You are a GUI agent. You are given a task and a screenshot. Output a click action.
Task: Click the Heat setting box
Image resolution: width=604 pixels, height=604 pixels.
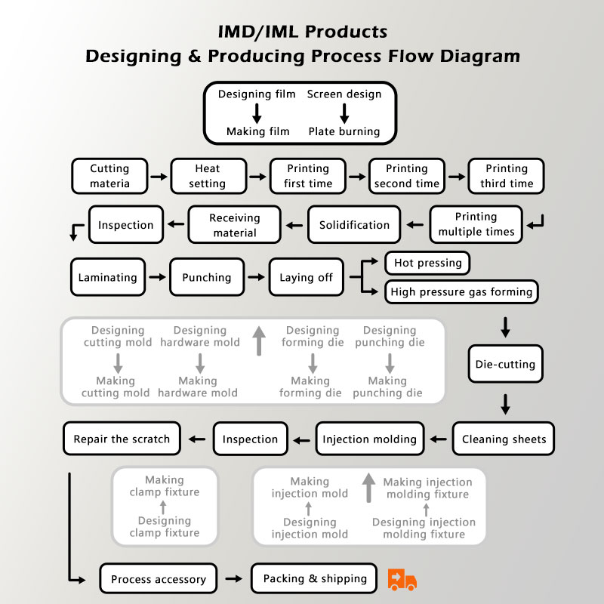(207, 176)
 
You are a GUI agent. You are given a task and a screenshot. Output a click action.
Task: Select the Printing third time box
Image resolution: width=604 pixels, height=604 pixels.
(506, 176)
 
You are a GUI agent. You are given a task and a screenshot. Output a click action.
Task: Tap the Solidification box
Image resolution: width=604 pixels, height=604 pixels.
(354, 225)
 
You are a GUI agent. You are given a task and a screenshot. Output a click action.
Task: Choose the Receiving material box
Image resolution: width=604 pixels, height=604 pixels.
(234, 225)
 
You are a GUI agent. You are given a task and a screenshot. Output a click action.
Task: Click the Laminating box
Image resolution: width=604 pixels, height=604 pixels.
(108, 277)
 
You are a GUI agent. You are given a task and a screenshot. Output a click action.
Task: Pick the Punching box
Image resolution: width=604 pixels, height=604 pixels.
(206, 277)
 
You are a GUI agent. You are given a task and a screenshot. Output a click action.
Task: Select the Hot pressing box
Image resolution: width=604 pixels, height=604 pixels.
(427, 263)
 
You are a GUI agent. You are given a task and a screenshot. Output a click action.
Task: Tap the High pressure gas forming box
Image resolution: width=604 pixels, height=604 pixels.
(461, 291)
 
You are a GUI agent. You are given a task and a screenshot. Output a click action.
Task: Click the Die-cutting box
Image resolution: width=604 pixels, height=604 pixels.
(505, 364)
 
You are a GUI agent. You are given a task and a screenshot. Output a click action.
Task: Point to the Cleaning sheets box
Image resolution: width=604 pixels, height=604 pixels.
(504, 439)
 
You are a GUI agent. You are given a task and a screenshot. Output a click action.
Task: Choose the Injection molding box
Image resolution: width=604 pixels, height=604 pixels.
(369, 439)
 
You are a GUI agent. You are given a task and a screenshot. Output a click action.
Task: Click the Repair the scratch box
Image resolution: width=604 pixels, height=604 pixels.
(122, 439)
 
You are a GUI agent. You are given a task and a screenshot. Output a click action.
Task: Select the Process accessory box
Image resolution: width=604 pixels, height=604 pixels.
(159, 579)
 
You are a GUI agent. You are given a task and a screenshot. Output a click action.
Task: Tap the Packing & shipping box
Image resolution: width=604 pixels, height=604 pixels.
(314, 578)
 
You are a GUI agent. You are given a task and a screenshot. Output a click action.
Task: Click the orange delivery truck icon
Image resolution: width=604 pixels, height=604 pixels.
(402, 579)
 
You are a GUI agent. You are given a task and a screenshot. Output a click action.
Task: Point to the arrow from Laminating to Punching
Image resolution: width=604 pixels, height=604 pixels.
(157, 277)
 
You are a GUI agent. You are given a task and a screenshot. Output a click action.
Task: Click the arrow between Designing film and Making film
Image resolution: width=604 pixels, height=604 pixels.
(257, 113)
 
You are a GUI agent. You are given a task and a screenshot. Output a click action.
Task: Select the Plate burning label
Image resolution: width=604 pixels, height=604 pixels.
(344, 131)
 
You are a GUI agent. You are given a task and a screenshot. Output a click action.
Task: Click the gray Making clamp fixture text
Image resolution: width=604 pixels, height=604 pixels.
(165, 485)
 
